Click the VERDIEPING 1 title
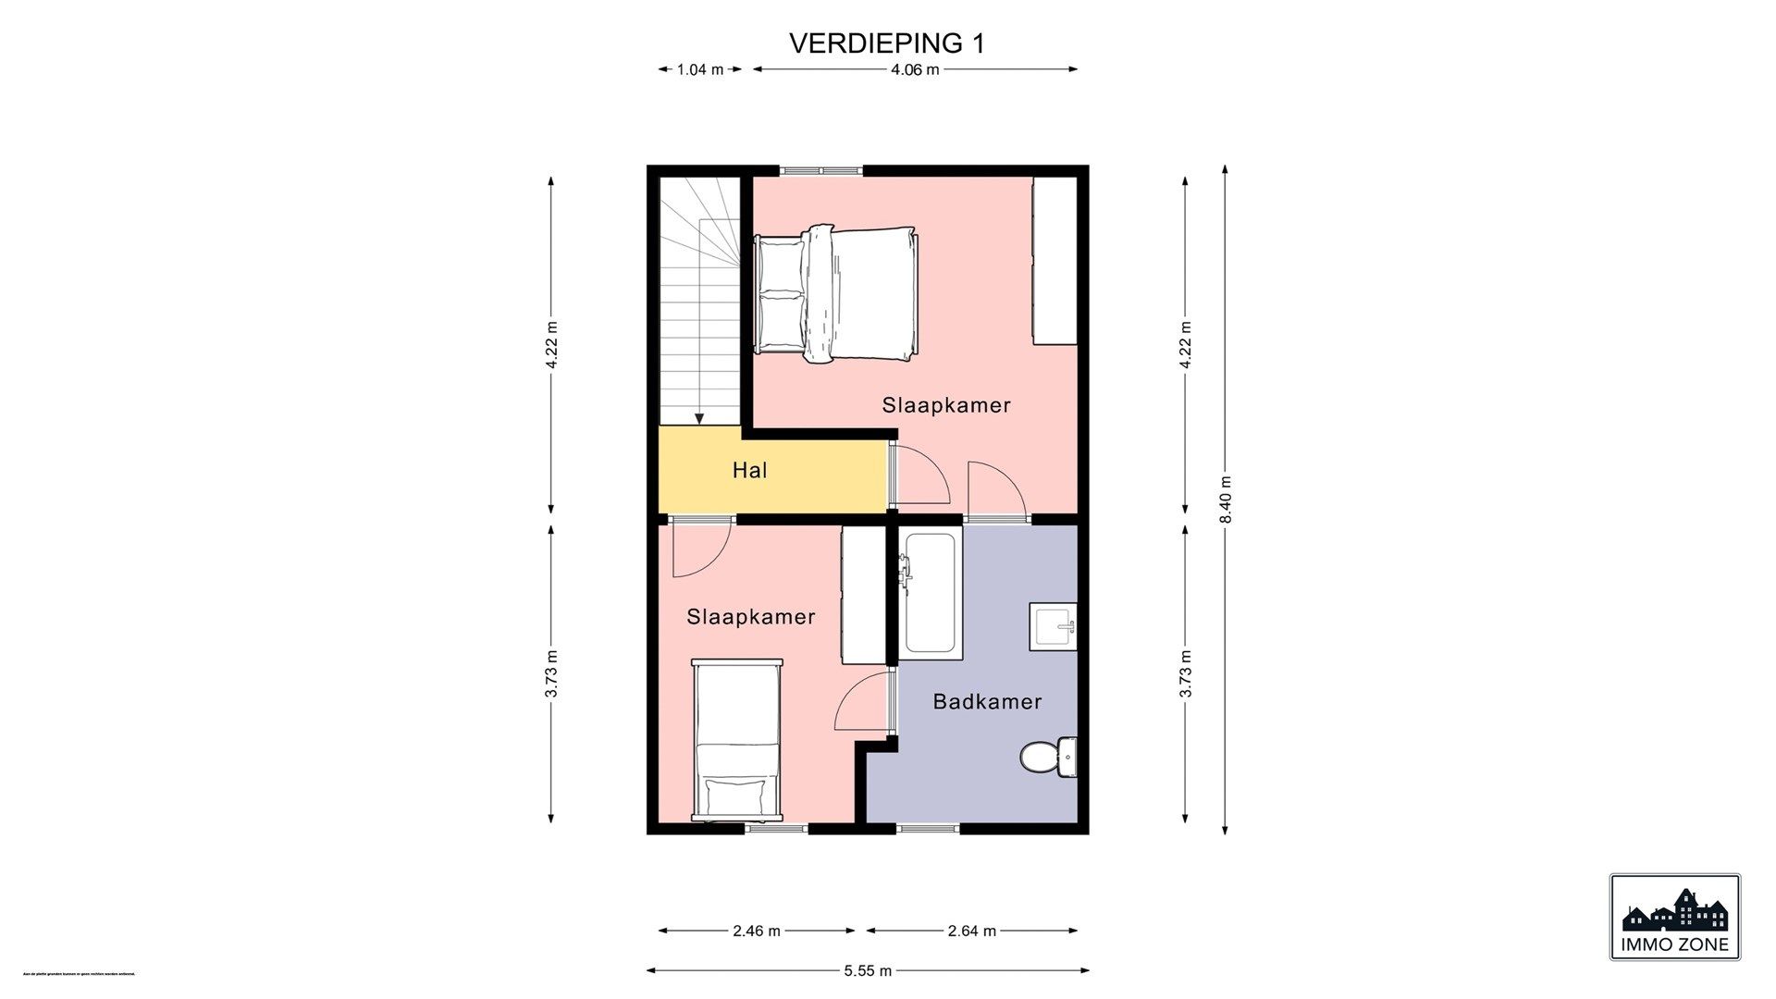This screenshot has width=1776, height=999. (886, 43)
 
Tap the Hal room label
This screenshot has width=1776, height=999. (749, 471)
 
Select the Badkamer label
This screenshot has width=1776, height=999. (987, 702)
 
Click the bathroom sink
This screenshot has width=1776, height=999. (1054, 626)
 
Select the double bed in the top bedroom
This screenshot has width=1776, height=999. (837, 293)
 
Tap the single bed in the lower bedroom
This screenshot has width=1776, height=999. (737, 740)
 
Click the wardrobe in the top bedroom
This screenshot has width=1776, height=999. (1055, 261)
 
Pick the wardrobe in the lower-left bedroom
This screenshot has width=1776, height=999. (864, 595)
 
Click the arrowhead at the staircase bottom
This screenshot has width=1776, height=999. (700, 418)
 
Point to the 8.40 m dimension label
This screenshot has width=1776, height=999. (1226, 499)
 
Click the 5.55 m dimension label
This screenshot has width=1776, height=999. (867, 970)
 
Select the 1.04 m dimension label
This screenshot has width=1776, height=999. (699, 69)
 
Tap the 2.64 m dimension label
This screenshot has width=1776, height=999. (971, 931)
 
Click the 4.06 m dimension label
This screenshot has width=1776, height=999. (914, 69)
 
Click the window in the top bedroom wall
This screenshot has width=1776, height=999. (820, 170)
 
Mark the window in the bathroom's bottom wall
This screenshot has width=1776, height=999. (929, 828)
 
